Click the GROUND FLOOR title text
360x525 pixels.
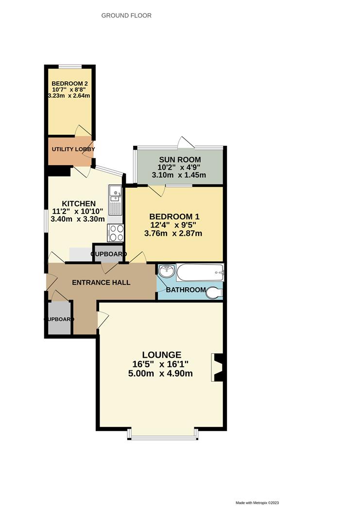click(x=126, y=16)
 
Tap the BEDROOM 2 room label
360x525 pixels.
click(x=69, y=83)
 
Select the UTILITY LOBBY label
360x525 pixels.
click(x=73, y=149)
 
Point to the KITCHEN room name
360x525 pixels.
click(x=78, y=203)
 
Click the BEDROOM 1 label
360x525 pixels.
click(x=174, y=216)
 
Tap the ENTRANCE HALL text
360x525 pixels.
click(x=101, y=282)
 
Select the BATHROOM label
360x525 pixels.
click(x=186, y=290)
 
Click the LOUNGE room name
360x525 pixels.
click(x=162, y=355)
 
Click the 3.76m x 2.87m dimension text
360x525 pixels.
click(x=173, y=233)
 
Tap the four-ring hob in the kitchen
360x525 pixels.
click(x=116, y=233)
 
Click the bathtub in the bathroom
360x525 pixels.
click(x=200, y=273)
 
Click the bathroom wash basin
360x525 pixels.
click(x=166, y=271)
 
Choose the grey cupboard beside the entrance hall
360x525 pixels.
click(x=60, y=318)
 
